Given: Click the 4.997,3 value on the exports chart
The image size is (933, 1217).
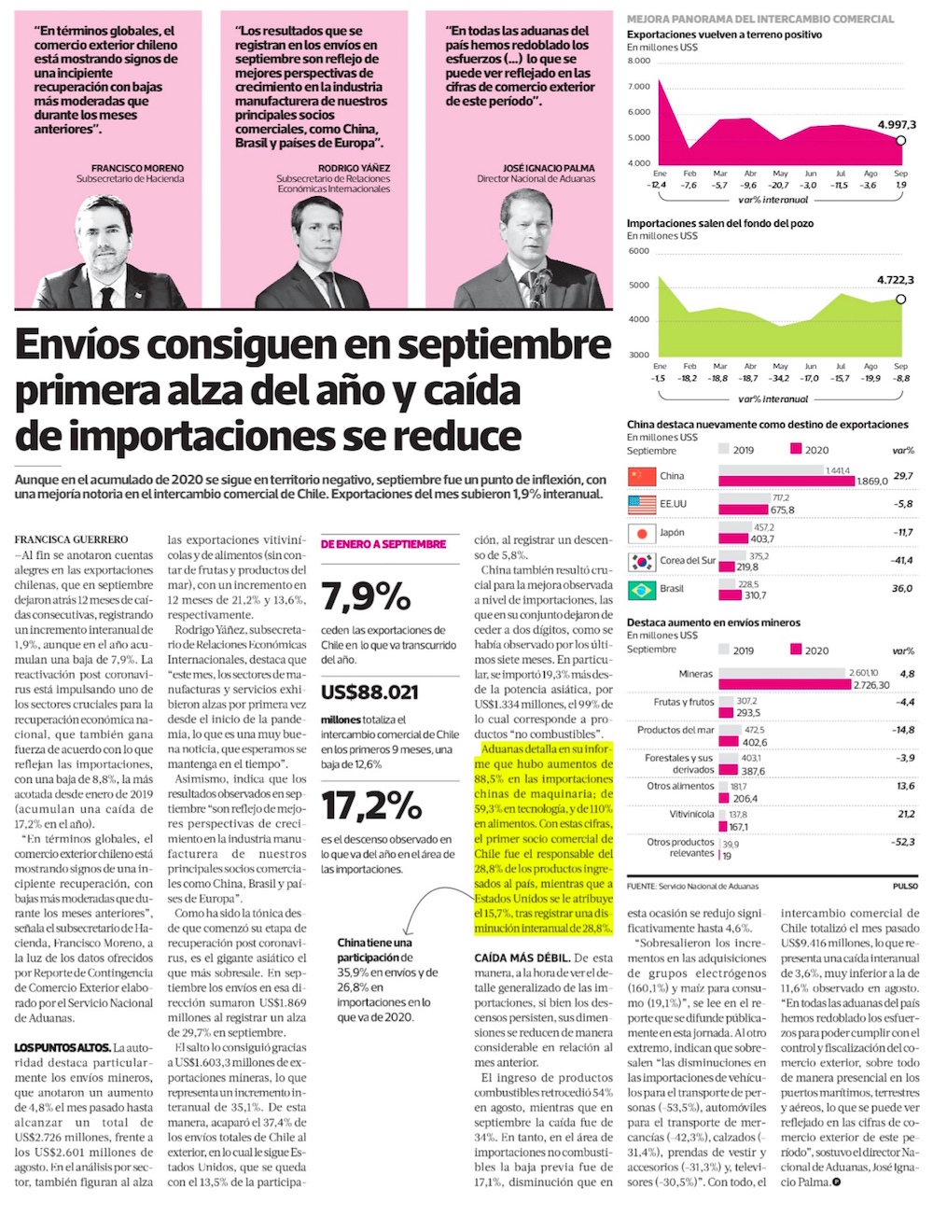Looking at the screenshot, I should (897, 125).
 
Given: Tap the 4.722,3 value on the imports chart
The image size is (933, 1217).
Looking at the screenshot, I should (896, 280).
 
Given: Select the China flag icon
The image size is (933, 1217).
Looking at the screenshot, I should (642, 476).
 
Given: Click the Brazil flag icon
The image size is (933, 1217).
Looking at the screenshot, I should (642, 590).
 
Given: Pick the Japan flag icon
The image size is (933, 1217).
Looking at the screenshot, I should (642, 533).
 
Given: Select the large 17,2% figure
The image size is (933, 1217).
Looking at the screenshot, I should (371, 804).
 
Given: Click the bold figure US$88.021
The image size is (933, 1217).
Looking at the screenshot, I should (369, 692).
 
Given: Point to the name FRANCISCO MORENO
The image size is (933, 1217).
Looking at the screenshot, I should (137, 168).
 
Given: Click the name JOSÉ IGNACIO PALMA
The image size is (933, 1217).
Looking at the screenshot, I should (549, 168).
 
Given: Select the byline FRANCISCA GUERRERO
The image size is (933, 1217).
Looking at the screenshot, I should (71, 539).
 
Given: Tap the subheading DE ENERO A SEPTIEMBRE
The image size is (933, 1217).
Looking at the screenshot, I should (383, 543).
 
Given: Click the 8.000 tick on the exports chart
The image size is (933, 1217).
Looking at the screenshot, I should (639, 62).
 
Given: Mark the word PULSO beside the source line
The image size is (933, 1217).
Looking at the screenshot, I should (904, 886).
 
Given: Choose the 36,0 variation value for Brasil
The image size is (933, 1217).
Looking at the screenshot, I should (902, 589).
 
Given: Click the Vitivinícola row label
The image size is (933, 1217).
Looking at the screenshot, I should (691, 815).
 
